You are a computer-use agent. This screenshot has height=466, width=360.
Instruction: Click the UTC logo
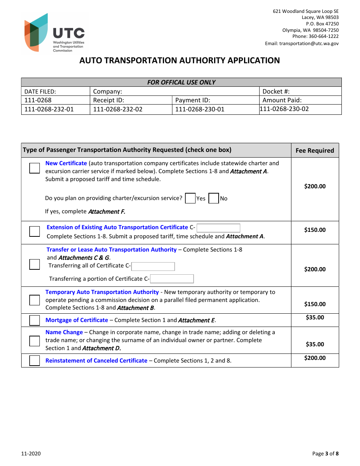[55, 33]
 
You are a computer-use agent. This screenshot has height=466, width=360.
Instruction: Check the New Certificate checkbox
[34, 168]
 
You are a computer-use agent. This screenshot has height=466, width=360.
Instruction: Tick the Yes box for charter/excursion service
[190, 198]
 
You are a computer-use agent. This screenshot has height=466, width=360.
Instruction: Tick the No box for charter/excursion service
[214, 198]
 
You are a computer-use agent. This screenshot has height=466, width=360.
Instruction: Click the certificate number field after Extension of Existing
[219, 228]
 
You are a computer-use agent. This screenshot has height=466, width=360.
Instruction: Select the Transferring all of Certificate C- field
[153, 266]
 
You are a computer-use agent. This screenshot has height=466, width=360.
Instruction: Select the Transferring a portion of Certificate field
[172, 279]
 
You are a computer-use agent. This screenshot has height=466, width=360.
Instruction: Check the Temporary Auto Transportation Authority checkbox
[34, 300]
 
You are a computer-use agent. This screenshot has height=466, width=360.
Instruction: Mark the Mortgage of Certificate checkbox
[34, 321]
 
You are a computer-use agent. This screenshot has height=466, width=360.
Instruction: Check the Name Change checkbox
[34, 341]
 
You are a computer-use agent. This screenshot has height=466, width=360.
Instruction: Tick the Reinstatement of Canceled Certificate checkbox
[34, 361]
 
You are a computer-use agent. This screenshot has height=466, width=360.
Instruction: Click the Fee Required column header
[315, 150]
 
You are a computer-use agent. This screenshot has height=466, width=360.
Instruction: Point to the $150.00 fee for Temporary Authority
[315, 304]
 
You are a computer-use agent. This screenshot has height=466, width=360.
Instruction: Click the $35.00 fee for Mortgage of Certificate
[315, 317]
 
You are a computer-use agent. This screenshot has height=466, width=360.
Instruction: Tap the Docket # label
[276, 91]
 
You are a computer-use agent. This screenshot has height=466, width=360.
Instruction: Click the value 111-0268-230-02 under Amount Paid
[284, 109]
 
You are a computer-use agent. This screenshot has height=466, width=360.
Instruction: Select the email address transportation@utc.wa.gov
[309, 43]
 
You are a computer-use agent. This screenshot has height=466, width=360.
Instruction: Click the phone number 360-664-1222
[324, 36]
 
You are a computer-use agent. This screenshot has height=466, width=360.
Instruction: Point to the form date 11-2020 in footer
[31, 453]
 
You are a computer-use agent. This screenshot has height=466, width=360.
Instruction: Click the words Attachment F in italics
[106, 212]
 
